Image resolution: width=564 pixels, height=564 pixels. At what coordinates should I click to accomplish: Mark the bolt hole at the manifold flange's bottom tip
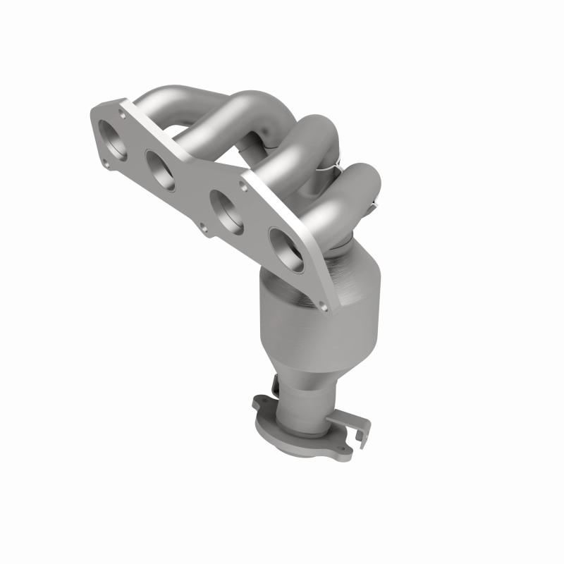(323, 305)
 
